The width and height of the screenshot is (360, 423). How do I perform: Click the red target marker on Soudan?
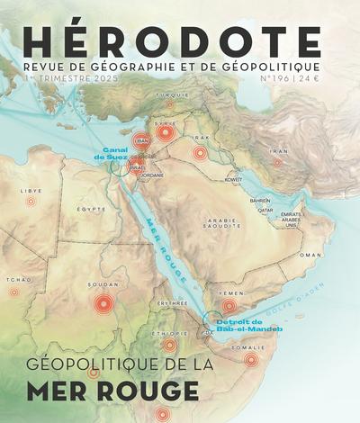pyautogui.click(x=104, y=304)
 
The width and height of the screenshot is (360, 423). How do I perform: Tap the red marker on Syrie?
pyautogui.click(x=164, y=133)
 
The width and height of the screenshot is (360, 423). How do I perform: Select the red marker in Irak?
pyautogui.click(x=200, y=153)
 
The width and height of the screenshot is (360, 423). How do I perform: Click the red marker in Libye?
pyautogui.click(x=31, y=202)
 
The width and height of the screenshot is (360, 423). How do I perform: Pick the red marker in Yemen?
pyautogui.click(x=229, y=305)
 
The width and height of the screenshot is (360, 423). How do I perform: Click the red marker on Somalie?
pyautogui.click(x=251, y=359)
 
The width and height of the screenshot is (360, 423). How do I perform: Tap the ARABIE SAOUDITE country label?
pyautogui.click(x=220, y=223)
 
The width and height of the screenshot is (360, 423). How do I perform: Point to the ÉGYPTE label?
pyautogui.click(x=91, y=209)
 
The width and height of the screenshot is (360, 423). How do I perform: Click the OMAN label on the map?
pyautogui.click(x=310, y=255)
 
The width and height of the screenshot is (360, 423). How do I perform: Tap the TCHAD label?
pyautogui.click(x=12, y=279)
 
